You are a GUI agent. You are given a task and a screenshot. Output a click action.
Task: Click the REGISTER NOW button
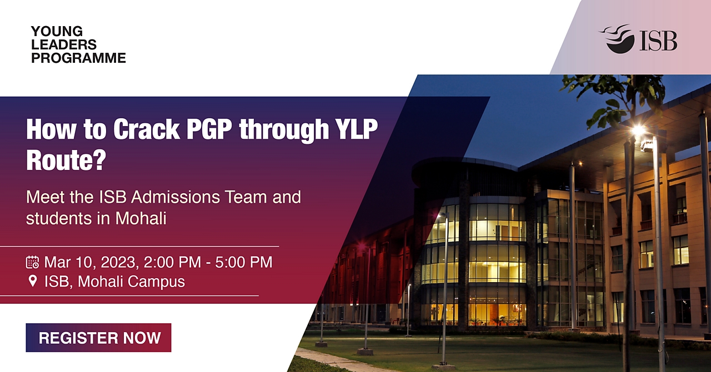pyautogui.click(x=98, y=338)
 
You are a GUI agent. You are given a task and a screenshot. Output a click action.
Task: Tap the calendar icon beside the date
pyautogui.click(x=32, y=262)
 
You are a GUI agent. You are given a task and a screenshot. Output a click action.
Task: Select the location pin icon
pyautogui.click(x=33, y=281)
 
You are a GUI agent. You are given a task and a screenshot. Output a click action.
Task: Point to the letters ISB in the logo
pyautogui.click(x=658, y=41)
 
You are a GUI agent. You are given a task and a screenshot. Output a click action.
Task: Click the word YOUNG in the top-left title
pyautogui.click(x=57, y=32)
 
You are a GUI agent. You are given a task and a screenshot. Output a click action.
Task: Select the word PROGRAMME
pyautogui.click(x=78, y=58)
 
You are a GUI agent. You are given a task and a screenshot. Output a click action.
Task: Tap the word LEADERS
pyautogui.click(x=64, y=45)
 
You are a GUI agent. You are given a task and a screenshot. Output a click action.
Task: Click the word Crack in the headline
pyautogui.click(x=147, y=129)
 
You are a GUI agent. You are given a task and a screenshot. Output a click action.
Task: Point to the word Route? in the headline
pyautogui.click(x=66, y=160)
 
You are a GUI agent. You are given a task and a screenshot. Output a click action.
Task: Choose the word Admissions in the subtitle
pyautogui.click(x=176, y=197)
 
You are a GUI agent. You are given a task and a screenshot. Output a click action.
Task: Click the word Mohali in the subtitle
pyautogui.click(x=141, y=218)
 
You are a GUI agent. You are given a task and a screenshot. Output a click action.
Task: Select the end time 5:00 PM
pyautogui.click(x=244, y=262)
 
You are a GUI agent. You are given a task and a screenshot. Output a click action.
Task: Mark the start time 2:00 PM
pyautogui.click(x=172, y=262)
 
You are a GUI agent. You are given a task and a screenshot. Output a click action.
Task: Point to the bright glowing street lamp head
pyautogui.click(x=639, y=130)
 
